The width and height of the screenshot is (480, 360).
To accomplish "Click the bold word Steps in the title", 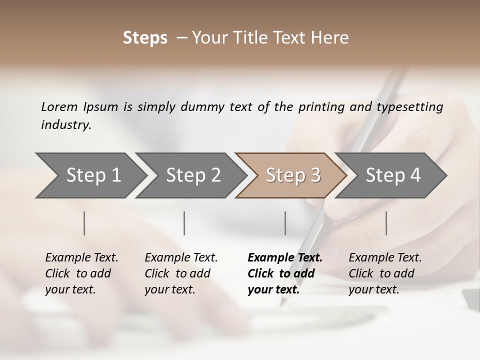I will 145,38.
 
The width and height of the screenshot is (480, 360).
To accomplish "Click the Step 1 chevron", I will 90,175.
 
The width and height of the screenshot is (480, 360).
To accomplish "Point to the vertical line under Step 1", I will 84,223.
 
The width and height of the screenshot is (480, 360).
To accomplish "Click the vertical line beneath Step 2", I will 184,223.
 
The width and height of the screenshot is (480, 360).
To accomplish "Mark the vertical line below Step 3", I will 285,223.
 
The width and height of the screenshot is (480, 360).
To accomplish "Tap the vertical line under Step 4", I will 386,223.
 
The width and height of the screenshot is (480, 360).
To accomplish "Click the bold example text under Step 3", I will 284,273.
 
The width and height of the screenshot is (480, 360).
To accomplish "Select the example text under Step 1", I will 81,273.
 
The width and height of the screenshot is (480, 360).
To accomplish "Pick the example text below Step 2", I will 181,273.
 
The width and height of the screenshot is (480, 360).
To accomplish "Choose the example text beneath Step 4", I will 385,273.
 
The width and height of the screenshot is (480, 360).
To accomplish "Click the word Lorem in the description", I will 59,106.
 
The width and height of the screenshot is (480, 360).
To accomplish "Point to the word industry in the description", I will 65,124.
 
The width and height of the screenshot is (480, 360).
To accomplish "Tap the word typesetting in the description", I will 413,106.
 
